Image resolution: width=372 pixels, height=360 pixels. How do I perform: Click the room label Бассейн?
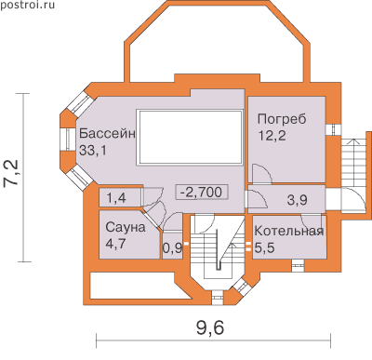(107, 134)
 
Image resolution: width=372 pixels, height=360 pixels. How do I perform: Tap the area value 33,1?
(92, 151)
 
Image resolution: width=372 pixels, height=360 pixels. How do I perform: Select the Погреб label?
(282, 119)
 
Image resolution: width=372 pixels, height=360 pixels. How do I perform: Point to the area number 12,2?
(272, 136)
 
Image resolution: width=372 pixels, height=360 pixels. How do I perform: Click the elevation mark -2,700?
(202, 193)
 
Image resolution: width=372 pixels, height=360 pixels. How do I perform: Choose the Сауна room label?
(126, 227)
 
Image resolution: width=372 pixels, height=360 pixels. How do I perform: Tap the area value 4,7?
(115, 244)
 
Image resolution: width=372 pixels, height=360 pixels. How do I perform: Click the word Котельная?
(289, 231)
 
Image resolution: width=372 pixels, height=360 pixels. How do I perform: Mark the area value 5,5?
(264, 247)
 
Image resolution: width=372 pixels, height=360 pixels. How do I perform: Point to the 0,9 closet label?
(172, 248)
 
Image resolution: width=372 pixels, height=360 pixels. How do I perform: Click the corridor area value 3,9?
(297, 200)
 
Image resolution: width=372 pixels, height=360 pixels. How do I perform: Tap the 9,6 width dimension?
(210, 327)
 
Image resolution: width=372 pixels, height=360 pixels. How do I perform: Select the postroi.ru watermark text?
(27, 5)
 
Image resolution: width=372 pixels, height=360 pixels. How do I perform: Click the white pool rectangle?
(191, 138)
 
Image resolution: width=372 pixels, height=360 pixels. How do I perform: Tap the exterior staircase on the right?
(353, 163)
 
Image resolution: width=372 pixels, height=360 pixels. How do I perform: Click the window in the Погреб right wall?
(334, 129)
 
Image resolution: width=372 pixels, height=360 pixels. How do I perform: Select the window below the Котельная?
(299, 266)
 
